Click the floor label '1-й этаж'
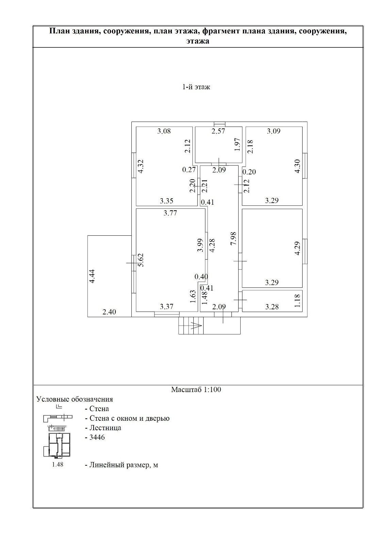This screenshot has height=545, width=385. pos(196,87)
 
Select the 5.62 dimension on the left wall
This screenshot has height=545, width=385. pos(141,260)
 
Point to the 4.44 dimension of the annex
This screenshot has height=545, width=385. pos(92,276)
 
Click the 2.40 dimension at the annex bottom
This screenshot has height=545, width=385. pos(109,312)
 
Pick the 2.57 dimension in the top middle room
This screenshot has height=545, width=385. pos(218,131)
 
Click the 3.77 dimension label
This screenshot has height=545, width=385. pos(170,213)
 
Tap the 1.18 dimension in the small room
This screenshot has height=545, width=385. pos(297,301)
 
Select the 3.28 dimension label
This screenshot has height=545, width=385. pos(272,307)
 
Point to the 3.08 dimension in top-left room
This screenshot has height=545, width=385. pos(164,131)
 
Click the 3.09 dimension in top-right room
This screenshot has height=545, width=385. pos(274,131)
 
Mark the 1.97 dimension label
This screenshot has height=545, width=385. pos(238,144)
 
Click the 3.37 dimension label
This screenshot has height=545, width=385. pos(166,307)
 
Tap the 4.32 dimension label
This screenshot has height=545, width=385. pos(141,167)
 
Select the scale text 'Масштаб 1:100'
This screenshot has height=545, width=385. pos(196,389)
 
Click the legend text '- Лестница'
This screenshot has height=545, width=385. pos(103,427)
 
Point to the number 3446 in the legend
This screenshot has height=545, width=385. pos(97,437)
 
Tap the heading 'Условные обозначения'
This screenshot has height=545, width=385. pos(75,399)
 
